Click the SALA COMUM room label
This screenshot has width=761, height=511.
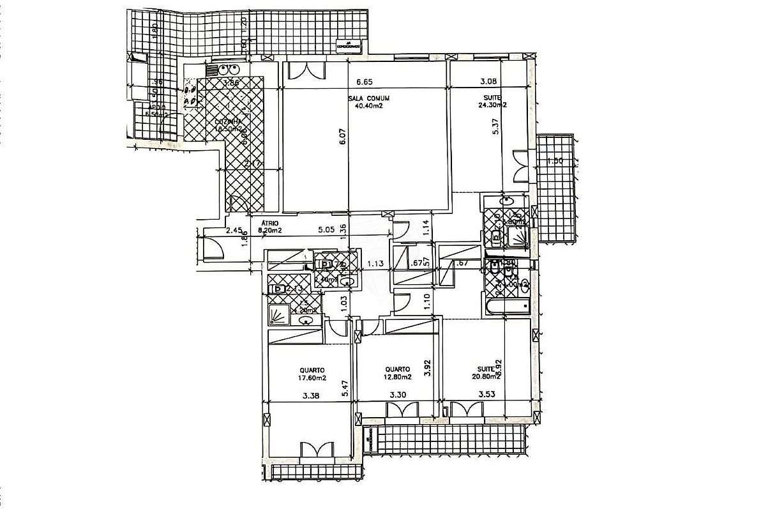368,98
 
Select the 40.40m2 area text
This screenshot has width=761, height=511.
368,106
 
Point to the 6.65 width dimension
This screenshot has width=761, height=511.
363,82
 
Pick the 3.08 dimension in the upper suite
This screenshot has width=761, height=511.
488,82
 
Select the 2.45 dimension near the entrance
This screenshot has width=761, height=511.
234,231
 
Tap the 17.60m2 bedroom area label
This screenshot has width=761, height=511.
312,377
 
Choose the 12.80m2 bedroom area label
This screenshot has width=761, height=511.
397,377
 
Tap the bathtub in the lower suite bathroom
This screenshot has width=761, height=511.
508,307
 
